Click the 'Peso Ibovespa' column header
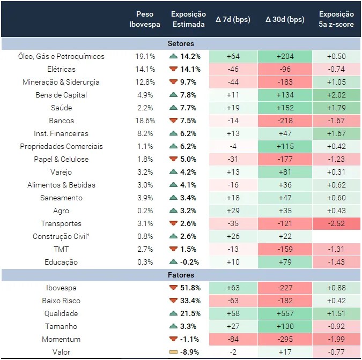[145, 19]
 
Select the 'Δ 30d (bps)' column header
[284, 19]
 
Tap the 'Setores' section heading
[181, 43]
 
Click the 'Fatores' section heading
[181, 275]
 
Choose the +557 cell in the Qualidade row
[285, 313]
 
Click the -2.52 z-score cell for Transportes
[336, 223]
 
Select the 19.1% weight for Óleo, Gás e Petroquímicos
[145, 56]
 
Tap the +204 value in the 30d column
[285, 56]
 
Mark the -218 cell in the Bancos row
[285, 121]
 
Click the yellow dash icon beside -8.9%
[173, 352]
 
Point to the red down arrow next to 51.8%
[173, 288]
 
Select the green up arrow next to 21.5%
[173, 313]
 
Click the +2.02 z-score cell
[336, 95]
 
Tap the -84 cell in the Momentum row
[233, 339]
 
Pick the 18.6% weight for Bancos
[145, 121]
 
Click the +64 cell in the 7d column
[233, 56]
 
